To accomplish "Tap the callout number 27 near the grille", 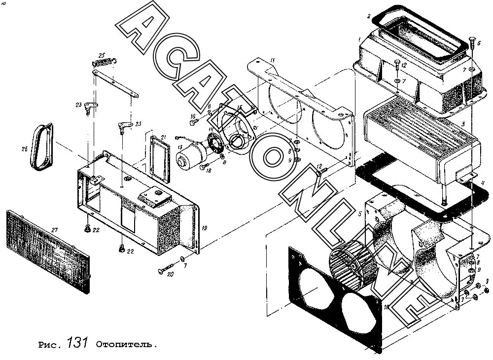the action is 55,230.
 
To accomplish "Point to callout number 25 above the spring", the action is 102,55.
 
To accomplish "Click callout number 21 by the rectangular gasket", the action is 164,137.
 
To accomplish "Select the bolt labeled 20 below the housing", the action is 166,270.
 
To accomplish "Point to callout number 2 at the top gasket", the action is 368,17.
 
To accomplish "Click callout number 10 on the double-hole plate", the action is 387,307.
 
